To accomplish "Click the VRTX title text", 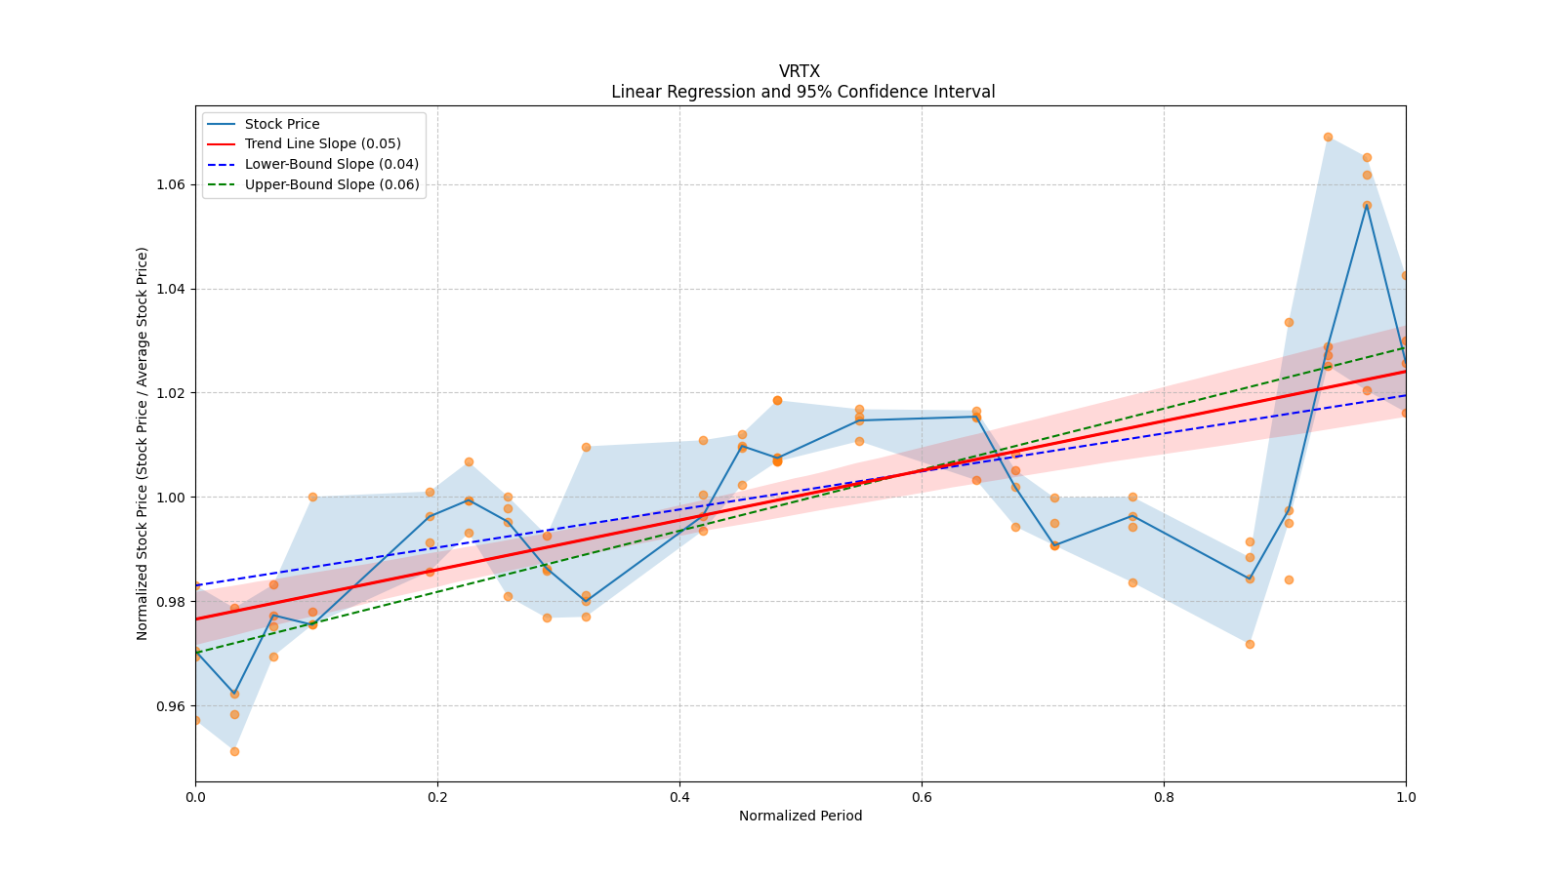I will [800, 71].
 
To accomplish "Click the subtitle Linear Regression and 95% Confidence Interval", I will [802, 92].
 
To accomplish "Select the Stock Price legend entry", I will [282, 124].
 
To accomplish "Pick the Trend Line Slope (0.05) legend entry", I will [322, 144].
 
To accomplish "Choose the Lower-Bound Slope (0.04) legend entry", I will [331, 165].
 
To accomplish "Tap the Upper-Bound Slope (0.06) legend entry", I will [332, 185].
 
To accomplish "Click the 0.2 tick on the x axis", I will [437, 797].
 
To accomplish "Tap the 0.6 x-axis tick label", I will [922, 797].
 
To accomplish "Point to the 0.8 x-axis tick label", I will [1164, 797].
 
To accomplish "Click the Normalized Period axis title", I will [801, 816].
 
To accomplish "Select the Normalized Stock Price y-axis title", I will [143, 443].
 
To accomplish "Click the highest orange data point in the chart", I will [1328, 137].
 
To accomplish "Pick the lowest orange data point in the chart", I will [234, 751].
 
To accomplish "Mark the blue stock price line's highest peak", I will [1367, 205].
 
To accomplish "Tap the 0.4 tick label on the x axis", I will [679, 797].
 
